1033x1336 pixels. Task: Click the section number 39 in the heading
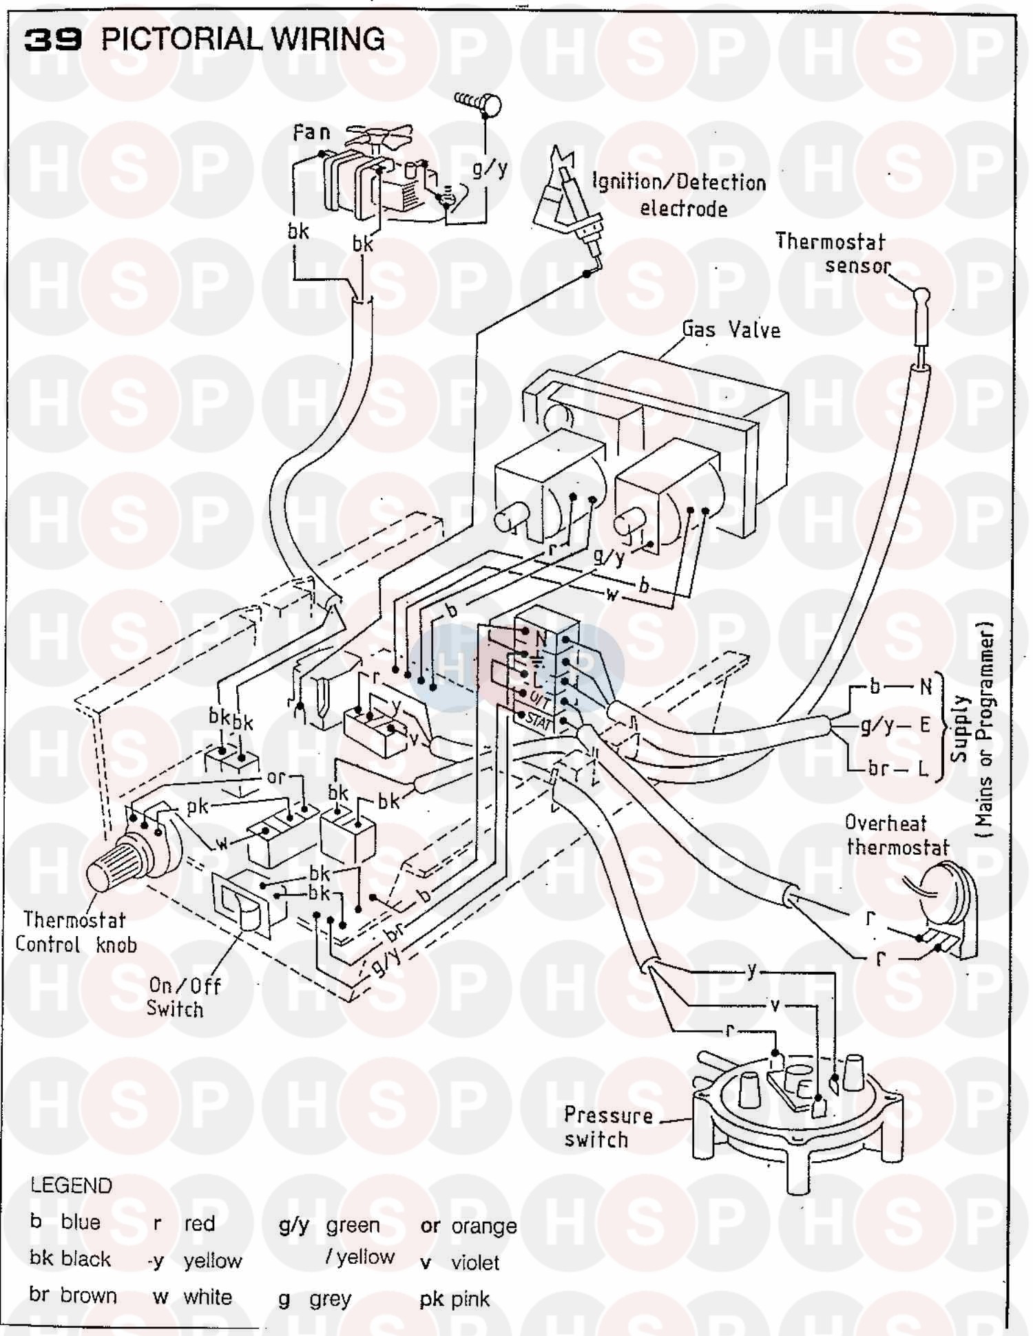pyautogui.click(x=53, y=40)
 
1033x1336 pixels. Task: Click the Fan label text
pyautogui.click(x=311, y=131)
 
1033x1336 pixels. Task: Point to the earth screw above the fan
pyautogui.click(x=480, y=105)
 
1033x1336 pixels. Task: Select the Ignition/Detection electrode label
pyautogui.click(x=680, y=195)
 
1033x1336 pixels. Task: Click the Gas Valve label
pyautogui.click(x=731, y=330)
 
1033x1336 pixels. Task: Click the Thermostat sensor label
pyautogui.click(x=831, y=253)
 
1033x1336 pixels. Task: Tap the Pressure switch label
pyautogui.click(x=607, y=1127)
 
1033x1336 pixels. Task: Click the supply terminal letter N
pyautogui.click(x=926, y=686)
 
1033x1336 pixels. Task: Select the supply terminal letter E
pyautogui.click(x=925, y=725)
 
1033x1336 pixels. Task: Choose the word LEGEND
pyautogui.click(x=71, y=1185)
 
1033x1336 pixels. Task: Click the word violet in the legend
pyautogui.click(x=475, y=1262)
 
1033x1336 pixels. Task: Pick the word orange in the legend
pyautogui.click(x=483, y=1226)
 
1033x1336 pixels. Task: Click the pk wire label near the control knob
pyautogui.click(x=198, y=806)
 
